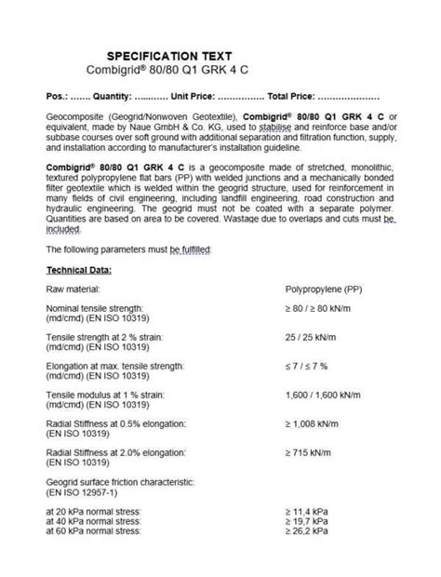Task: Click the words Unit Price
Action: tap(198, 96)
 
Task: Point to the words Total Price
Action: tap(295, 96)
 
